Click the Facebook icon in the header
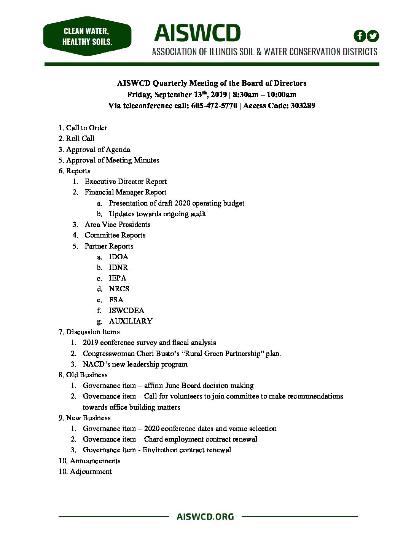pos(360,36)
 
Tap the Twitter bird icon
pos(373,36)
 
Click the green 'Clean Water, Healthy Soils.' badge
pos(87,36)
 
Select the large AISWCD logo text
pos(197,33)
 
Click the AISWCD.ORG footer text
pos(205,517)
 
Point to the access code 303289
pos(303,105)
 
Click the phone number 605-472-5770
pos(214,105)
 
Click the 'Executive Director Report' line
pos(126,181)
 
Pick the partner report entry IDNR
pos(118,267)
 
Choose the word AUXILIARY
pos(131,321)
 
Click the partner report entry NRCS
pos(119,289)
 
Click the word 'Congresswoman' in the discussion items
pos(107,353)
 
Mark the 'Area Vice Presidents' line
pos(118,224)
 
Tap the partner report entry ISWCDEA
pos(126,310)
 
